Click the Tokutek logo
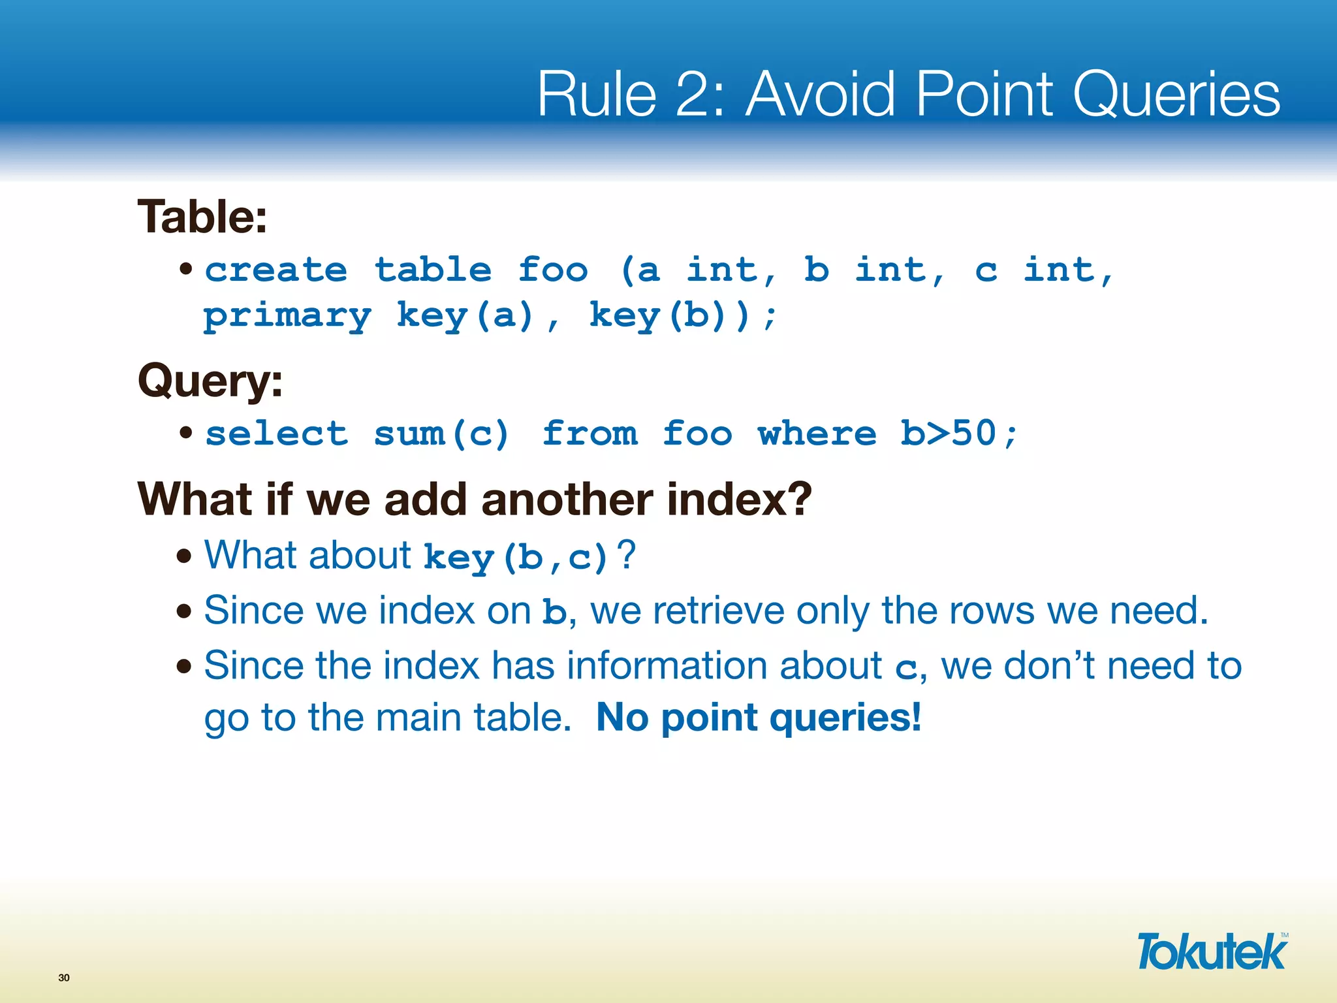1212,952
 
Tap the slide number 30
63,978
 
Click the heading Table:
202,217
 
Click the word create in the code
276,270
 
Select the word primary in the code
287,317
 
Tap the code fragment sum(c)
441,434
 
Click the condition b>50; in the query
958,434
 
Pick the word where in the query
817,434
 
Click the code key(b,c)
516,558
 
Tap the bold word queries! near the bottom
845,718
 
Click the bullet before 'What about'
185,556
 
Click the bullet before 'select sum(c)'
186,432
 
